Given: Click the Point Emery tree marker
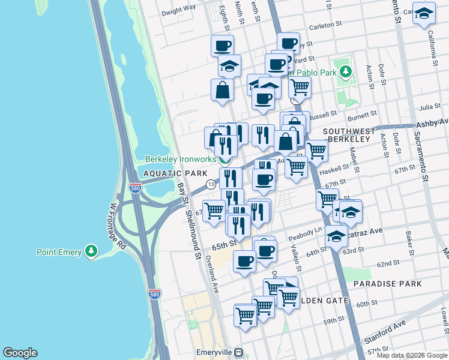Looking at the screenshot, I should pos(91,251).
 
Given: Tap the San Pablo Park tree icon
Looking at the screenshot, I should pos(345,73).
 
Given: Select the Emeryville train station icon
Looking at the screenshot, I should pos(239,352).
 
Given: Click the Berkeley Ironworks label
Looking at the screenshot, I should pos(179,160).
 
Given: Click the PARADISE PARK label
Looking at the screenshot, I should pos(387,283).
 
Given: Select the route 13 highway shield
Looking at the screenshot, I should pos(211,184).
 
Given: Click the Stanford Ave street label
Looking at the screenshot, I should pos(384,329).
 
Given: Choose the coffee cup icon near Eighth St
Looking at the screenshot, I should pos(222,45).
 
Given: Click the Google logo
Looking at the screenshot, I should pos(20,353).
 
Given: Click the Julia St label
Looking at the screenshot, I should pos(430,107).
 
